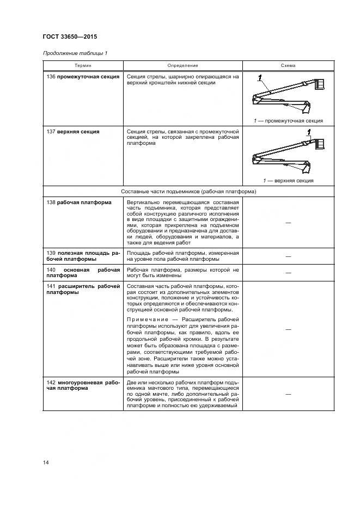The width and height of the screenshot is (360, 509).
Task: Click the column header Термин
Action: (x=83, y=65)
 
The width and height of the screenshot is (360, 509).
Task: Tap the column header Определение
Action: (x=182, y=65)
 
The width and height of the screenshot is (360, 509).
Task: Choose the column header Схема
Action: (x=288, y=65)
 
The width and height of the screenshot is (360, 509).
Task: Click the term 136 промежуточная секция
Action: (x=83, y=77)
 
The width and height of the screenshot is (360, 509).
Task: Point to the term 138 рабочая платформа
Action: (x=79, y=203)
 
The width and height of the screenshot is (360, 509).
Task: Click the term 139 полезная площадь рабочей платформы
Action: (x=83, y=256)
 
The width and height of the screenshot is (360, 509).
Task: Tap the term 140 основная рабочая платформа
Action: (x=83, y=273)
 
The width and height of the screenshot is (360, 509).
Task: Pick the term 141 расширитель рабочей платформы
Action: (x=83, y=289)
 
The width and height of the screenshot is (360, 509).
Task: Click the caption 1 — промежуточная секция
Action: (x=288, y=121)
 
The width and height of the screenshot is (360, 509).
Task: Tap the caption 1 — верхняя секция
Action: (x=288, y=181)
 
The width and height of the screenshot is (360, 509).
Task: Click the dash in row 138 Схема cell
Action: (x=288, y=224)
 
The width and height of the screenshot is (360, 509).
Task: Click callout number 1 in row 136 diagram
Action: (x=260, y=77)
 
